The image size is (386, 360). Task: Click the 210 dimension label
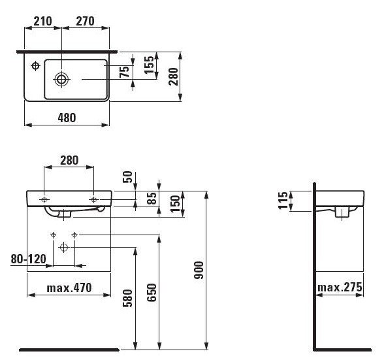[x=42, y=22]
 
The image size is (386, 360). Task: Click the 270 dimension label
[x=85, y=22]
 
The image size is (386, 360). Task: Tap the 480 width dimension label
[x=67, y=118]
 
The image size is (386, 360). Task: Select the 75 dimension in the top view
[x=125, y=72]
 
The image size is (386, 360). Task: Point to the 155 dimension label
[x=149, y=65]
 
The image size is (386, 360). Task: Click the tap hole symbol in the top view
[x=36, y=66]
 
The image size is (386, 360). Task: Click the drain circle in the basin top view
[x=61, y=79]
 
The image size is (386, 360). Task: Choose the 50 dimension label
[x=127, y=177]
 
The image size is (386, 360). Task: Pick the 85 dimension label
[x=152, y=198]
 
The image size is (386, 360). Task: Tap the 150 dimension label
[x=176, y=204]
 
